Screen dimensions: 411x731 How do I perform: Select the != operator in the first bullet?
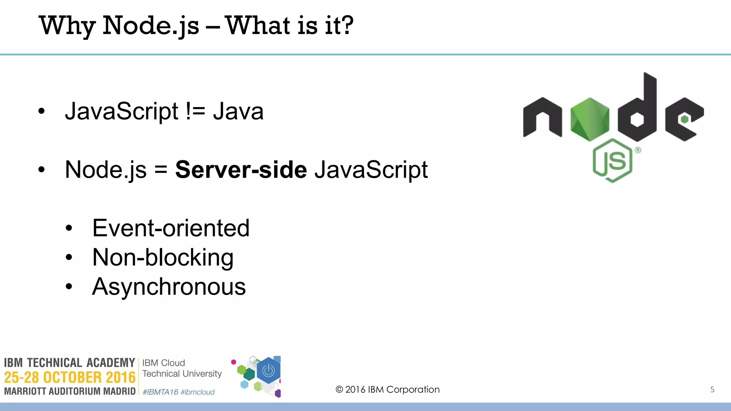coord(196,111)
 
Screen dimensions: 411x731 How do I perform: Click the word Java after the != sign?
coord(238,111)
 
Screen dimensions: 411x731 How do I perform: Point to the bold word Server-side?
coord(241,170)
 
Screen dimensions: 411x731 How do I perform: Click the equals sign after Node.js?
coord(161,170)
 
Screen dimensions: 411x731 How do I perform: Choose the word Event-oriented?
coord(171,228)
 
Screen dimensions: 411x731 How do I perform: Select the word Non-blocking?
coord(163,258)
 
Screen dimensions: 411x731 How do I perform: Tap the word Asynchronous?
coord(169,287)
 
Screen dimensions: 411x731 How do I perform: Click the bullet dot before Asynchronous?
coord(69,286)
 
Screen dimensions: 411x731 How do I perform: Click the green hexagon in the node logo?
coord(590,119)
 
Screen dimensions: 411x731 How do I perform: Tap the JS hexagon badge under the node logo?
coord(612,161)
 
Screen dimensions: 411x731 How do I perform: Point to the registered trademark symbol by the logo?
coord(638,150)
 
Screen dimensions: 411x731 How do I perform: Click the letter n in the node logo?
coord(543,118)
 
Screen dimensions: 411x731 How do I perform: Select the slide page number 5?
coord(712,390)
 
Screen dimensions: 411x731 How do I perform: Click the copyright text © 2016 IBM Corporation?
coord(388,390)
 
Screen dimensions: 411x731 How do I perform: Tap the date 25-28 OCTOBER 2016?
coord(70,377)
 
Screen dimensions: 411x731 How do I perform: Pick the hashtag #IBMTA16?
coord(160,392)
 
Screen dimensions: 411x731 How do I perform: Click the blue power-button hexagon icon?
coord(268,371)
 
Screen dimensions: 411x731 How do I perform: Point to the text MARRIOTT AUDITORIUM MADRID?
coord(70,391)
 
